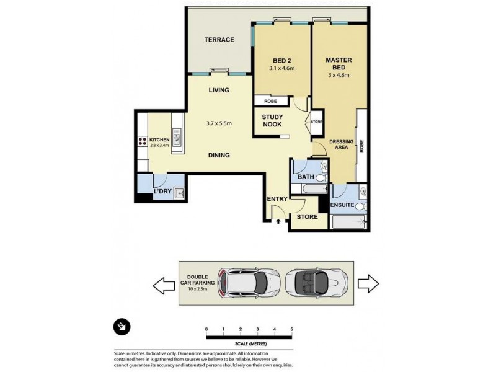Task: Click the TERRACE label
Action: click(x=219, y=40)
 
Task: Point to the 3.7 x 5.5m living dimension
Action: click(x=219, y=123)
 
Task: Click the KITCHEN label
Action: click(x=159, y=140)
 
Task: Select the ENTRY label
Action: click(x=277, y=199)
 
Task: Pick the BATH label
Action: click(x=306, y=177)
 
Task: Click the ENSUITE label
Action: click(x=343, y=204)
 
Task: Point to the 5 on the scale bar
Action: click(x=291, y=329)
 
